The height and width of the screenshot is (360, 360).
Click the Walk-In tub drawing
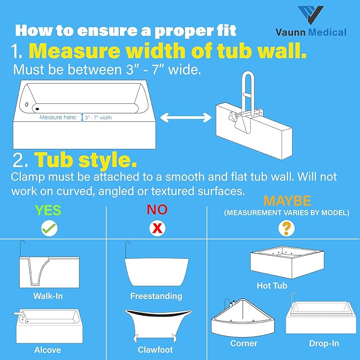point(48,270)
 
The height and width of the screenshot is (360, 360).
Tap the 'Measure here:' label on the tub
point(58,117)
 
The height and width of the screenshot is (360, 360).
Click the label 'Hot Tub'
point(271,286)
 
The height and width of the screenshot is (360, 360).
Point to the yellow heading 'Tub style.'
point(86,160)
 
